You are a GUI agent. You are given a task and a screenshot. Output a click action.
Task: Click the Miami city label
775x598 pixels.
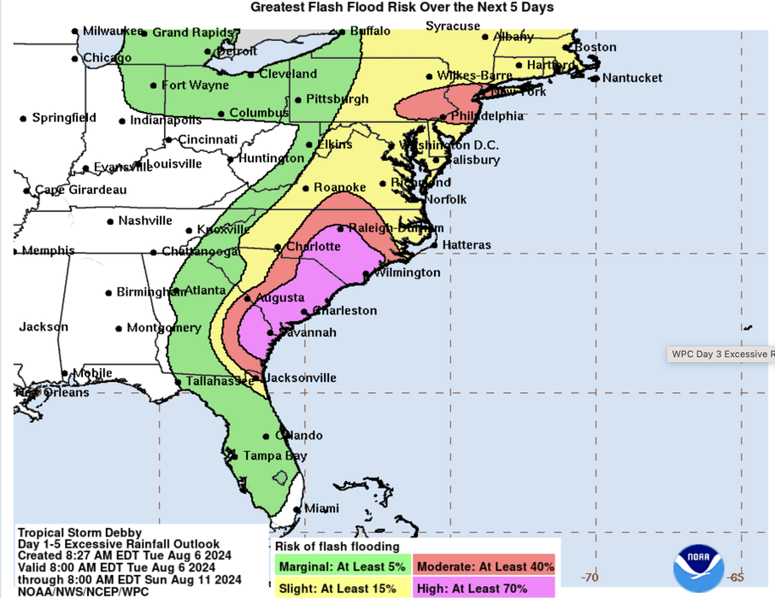321,509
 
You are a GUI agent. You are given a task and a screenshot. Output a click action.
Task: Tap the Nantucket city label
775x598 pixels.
631,78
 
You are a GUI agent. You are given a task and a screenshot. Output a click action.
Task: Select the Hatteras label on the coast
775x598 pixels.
466,245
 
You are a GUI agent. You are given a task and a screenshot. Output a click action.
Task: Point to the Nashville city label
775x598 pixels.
145,220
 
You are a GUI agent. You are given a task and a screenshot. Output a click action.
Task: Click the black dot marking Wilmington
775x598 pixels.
366,274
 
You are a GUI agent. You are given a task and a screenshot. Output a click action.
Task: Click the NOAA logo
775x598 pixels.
698,566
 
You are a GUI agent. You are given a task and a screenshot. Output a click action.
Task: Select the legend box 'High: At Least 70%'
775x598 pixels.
484,588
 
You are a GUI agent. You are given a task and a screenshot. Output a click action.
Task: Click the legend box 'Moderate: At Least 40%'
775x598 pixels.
484,566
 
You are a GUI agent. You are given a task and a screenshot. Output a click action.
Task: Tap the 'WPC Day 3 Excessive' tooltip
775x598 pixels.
721,353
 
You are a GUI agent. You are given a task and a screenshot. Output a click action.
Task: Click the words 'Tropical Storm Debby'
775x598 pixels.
79,532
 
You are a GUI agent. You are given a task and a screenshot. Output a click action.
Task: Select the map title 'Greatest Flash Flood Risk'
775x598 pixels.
402,8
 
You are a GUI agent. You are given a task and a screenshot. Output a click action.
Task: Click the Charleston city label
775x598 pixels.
344,310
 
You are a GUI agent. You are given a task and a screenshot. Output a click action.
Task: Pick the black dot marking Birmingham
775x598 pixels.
109,293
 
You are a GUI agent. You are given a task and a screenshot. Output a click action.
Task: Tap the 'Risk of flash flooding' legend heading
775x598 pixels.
337,547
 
